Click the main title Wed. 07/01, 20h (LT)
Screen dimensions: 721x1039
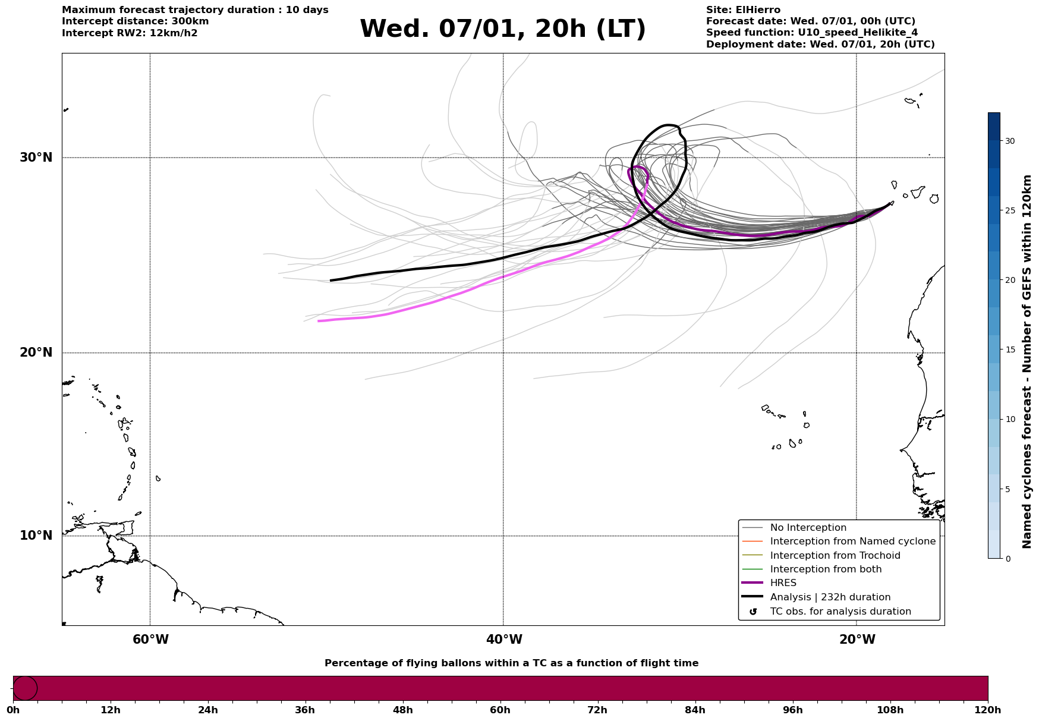tap(502, 29)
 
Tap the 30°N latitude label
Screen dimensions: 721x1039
tap(36, 158)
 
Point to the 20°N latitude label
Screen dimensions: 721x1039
tap(36, 352)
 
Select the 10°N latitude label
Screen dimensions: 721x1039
tap(36, 536)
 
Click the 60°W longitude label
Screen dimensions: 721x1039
tap(150, 640)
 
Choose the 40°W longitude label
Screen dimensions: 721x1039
tap(504, 640)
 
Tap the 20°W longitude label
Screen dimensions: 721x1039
tap(857, 640)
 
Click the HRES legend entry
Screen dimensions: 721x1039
tap(783, 583)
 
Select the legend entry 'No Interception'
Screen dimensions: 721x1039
tap(808, 528)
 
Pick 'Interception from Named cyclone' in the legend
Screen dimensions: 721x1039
tap(852, 541)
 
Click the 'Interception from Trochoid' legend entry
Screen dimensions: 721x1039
tap(835, 556)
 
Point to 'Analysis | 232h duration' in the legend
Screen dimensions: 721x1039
tap(830, 597)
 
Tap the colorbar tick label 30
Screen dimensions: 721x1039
tap(1010, 141)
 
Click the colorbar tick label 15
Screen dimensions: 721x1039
tap(1010, 350)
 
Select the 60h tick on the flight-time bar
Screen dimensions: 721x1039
tap(500, 710)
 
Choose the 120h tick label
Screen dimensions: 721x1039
tap(987, 710)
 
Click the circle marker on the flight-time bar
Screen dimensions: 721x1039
tap(25, 688)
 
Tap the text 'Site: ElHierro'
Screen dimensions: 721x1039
tap(743, 10)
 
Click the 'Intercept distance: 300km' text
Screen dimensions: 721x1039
tap(135, 21)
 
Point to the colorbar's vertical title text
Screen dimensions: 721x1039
tap(1027, 361)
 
